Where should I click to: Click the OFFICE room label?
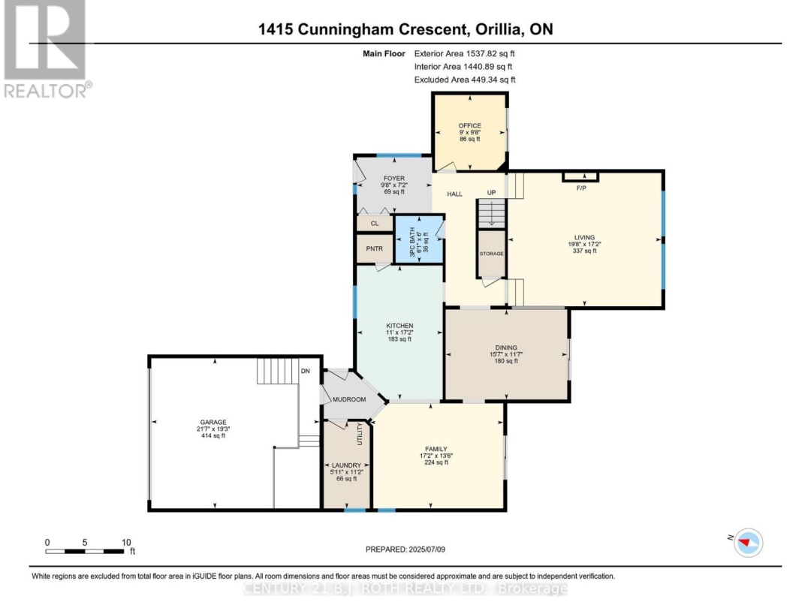coord(469,125)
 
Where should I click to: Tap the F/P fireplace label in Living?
coord(580,188)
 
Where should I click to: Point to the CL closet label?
coord(374,224)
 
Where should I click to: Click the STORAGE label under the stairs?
coord(492,254)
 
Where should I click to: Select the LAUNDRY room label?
coord(346,465)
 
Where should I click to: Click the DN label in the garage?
coord(305,371)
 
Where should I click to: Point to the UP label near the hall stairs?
coord(492,193)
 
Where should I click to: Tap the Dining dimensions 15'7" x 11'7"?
coord(506,354)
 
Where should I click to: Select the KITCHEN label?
coord(399,325)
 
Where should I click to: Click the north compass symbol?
coord(746,542)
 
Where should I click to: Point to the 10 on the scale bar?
coord(126,542)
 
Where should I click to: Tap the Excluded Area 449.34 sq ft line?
coord(465,79)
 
